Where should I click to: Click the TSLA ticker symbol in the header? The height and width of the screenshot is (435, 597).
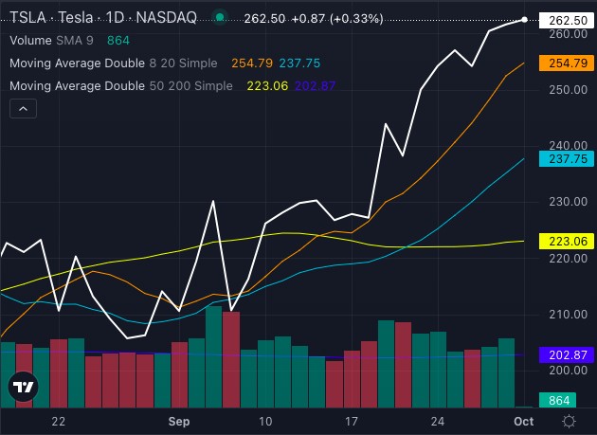coord(27,17)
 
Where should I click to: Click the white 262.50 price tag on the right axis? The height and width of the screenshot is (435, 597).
coord(564,20)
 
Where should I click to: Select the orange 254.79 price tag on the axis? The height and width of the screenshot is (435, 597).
coord(564,63)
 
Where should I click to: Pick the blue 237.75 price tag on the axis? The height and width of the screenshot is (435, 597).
coord(564,158)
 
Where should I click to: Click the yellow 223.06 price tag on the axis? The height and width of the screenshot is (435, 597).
coord(564,241)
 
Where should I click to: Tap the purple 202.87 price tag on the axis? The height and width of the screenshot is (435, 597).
coord(564,354)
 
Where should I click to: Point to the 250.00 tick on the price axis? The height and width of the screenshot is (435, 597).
coord(563,90)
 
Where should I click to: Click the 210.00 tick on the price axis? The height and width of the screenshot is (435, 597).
coord(563,315)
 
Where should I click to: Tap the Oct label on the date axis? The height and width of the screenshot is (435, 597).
coord(523,421)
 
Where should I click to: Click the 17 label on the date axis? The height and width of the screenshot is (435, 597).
coord(352,421)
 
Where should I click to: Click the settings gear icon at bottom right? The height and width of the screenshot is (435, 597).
coord(569,421)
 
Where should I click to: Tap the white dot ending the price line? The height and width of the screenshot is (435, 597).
coord(524,20)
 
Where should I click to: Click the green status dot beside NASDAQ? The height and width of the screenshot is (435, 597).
coord(220,17)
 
